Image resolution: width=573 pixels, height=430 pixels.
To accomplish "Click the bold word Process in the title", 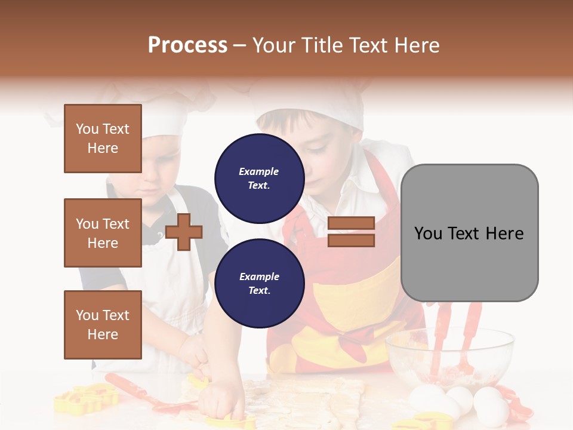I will (187, 45).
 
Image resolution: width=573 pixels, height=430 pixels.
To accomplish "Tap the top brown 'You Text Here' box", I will (103, 139).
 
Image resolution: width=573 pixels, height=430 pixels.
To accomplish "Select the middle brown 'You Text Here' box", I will (103, 233).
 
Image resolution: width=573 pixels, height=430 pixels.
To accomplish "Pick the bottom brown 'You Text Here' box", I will (103, 325).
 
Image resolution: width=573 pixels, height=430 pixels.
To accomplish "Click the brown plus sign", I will (184, 232).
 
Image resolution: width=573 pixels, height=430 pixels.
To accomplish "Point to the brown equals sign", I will (351, 232).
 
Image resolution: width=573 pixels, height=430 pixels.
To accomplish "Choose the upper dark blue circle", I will (259, 178).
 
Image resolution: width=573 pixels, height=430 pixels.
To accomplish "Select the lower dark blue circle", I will (259, 283).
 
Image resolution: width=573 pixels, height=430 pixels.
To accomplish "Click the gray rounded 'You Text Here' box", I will (469, 233).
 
